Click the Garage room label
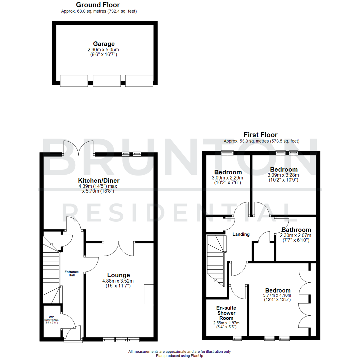click(x=104, y=44)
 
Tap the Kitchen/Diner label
click(x=99, y=181)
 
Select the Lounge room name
click(x=118, y=275)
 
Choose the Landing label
click(x=241, y=234)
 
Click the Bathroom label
click(x=296, y=230)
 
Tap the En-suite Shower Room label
click(x=226, y=313)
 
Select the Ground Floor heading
click(x=98, y=5)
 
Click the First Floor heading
click(x=260, y=135)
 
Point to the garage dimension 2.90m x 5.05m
click(x=104, y=50)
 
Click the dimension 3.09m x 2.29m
click(x=228, y=178)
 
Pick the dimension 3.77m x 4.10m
click(x=278, y=295)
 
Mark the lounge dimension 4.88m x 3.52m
click(x=118, y=281)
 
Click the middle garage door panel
click(x=106, y=81)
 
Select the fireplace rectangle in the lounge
click(x=149, y=295)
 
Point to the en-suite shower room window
click(x=237, y=339)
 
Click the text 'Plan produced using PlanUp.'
click(x=180, y=356)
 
